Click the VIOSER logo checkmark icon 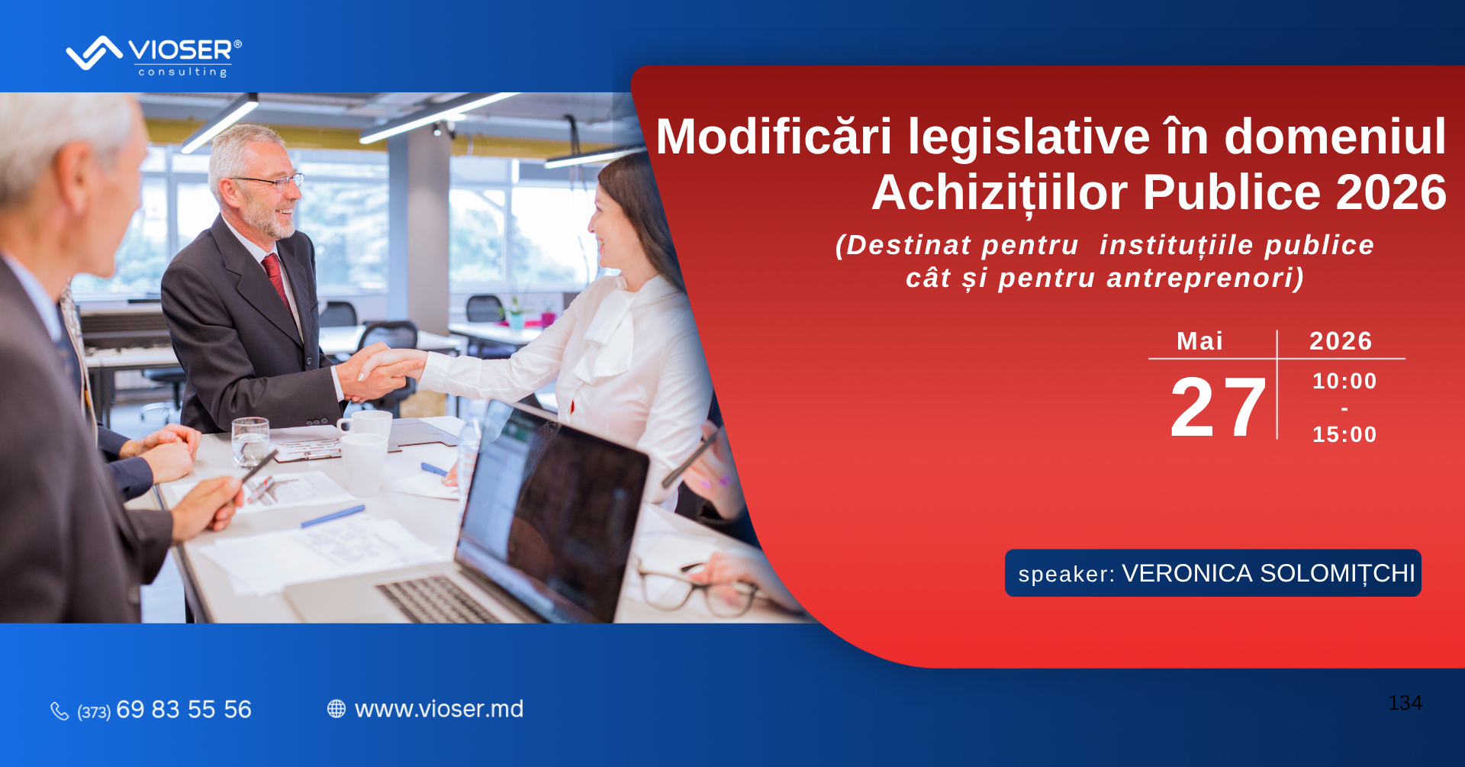pos(94,53)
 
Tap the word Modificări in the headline pos(774,137)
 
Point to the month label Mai pos(1199,341)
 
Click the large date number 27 pos(1218,408)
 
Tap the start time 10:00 pos(1344,381)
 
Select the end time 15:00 pos(1344,434)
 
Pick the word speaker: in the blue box pos(1066,574)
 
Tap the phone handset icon pos(60,711)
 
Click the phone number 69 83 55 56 pos(184,710)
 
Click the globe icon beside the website pos(336,709)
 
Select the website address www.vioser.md pos(439,709)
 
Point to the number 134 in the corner pos(1405,703)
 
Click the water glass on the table pos(250,442)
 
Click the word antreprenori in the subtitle pos(1205,278)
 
